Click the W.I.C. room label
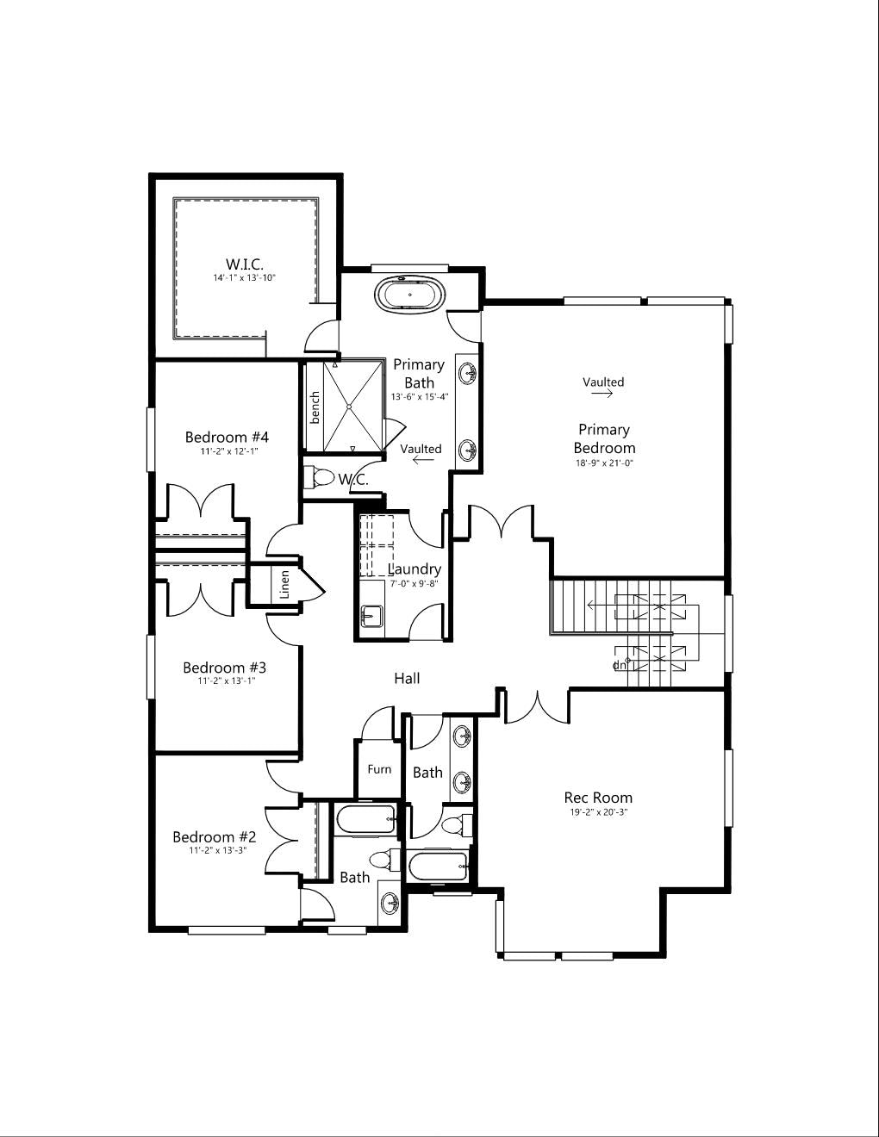(x=245, y=264)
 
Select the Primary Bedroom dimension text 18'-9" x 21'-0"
(x=604, y=463)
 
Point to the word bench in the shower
(x=315, y=408)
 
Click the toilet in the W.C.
(x=320, y=476)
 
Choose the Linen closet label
(x=284, y=585)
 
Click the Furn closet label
(x=379, y=769)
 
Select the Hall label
(x=407, y=679)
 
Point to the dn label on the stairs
(x=620, y=665)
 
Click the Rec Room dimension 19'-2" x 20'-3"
(x=598, y=812)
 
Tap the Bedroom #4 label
(x=227, y=437)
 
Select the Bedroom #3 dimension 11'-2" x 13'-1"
(x=227, y=681)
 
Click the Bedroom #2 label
(x=214, y=836)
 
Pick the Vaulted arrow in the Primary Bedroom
(x=602, y=394)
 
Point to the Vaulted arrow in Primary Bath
(x=423, y=460)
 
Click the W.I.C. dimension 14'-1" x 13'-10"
(x=244, y=278)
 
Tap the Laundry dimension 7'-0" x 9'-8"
(x=414, y=583)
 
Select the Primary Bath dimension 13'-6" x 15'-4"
(x=420, y=396)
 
